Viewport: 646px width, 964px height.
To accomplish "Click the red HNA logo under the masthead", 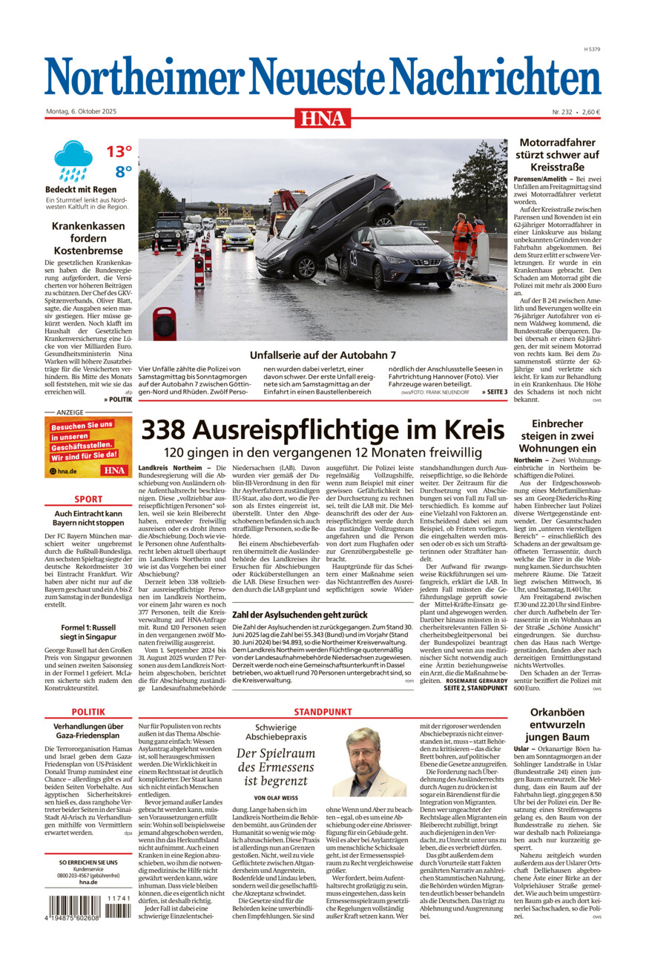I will point(323,118).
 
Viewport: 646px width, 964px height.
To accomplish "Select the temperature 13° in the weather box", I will point(119,152).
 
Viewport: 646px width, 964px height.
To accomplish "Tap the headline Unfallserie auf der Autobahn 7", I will point(323,355).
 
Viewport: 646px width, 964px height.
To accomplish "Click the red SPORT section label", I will point(88,499).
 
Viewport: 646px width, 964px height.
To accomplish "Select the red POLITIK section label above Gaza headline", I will point(88,711).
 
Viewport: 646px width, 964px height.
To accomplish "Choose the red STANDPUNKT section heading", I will point(323,711).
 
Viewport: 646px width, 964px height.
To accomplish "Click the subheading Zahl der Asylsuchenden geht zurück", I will point(300,615).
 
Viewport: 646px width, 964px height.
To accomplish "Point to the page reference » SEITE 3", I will point(494,392).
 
